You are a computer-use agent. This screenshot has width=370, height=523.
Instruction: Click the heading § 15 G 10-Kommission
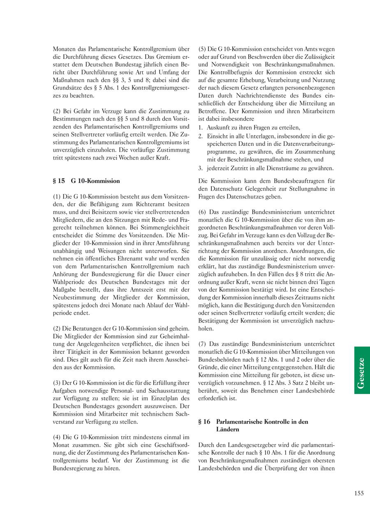[86, 181]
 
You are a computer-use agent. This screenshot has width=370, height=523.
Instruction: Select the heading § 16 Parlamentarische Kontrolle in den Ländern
[253, 425]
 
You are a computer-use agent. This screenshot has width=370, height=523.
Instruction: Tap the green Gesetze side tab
[362, 370]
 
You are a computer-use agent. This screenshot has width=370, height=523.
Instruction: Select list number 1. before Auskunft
[201, 127]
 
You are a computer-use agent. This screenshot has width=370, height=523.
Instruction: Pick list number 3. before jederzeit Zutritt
[201, 168]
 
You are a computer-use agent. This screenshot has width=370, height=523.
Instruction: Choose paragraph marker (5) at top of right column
[202, 48]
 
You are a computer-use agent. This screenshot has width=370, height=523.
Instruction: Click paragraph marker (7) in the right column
[202, 343]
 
